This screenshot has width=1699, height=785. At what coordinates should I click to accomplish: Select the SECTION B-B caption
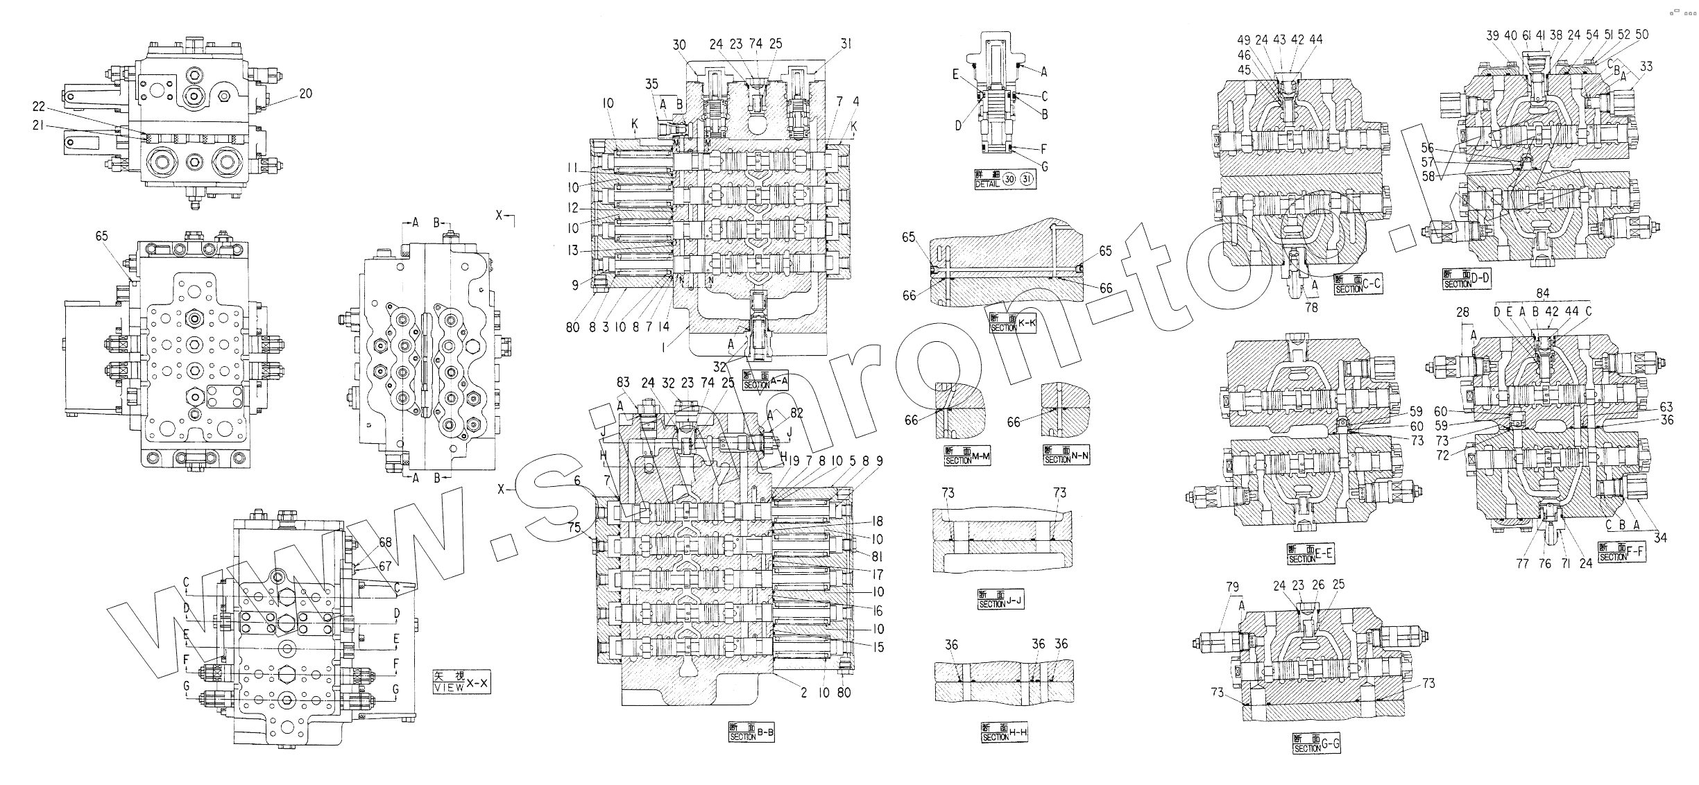751,733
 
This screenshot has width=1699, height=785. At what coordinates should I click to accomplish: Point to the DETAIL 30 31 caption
1005,180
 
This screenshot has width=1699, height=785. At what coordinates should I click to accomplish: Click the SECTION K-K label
1012,322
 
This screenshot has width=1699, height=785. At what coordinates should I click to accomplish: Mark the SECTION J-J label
1000,599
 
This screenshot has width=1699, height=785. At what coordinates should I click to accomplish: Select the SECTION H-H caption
1004,732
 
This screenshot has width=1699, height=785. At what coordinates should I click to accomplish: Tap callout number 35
651,85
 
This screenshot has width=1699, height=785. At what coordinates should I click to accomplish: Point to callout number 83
623,383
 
